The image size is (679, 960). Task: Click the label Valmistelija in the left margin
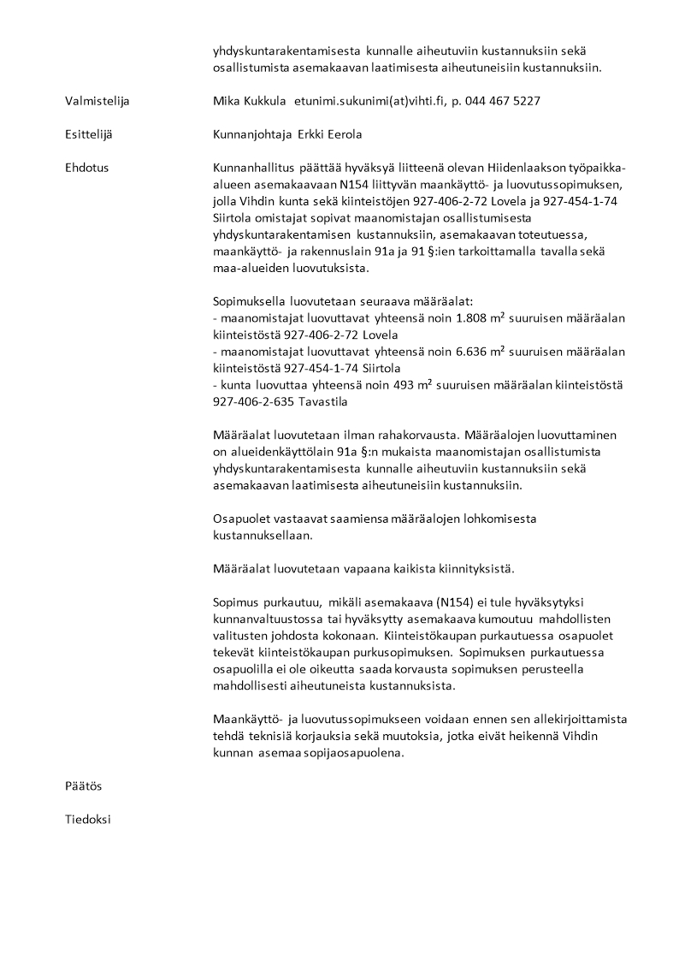[x=97, y=102]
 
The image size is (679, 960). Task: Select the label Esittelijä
[x=90, y=134]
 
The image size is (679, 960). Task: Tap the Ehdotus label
[x=86, y=168]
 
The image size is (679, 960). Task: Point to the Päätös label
[x=83, y=785]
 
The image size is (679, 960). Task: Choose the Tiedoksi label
[x=88, y=819]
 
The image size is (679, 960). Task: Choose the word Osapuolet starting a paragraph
[x=241, y=519]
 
